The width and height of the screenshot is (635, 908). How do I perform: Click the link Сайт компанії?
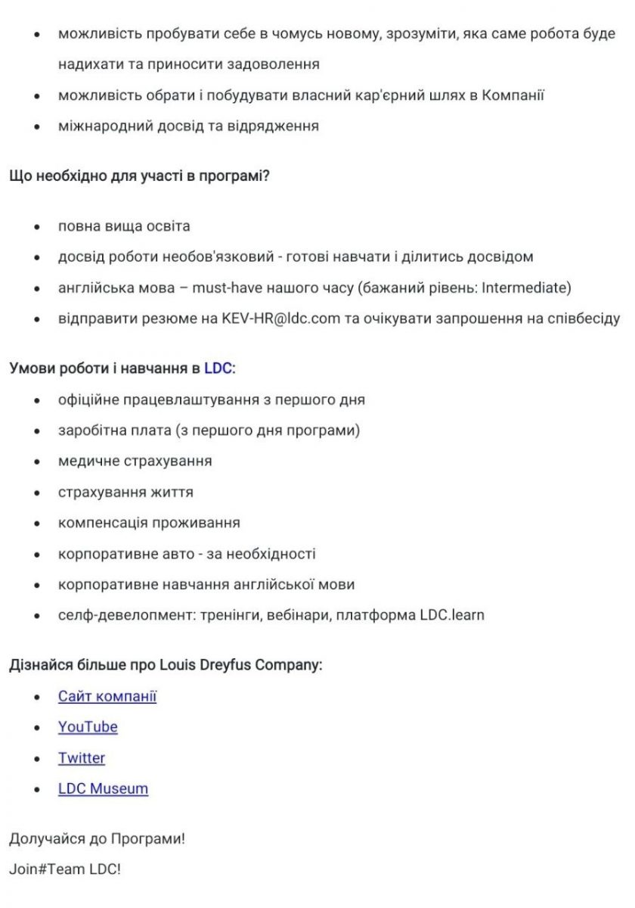click(107, 696)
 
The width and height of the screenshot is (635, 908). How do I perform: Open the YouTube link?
click(88, 727)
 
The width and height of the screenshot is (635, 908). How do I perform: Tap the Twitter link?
click(82, 758)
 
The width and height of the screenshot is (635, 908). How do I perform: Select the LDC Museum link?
click(103, 788)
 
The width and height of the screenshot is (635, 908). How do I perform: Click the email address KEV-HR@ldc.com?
click(280, 319)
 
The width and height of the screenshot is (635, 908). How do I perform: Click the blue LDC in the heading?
click(218, 368)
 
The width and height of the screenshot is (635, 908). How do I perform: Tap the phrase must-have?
click(225, 288)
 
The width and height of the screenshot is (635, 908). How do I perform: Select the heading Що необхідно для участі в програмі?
click(140, 177)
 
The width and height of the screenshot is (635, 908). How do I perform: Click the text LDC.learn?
click(452, 615)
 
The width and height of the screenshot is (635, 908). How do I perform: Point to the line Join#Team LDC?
click(65, 869)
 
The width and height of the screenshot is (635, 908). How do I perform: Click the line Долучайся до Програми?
click(97, 839)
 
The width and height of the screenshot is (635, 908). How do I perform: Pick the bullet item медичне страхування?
click(135, 461)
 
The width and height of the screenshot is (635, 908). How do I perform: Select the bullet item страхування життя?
click(125, 492)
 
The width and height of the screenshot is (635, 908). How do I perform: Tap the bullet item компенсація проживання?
click(149, 523)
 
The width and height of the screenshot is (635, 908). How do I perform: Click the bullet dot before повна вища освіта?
click(36, 227)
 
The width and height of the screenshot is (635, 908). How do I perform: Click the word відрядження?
click(273, 126)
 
